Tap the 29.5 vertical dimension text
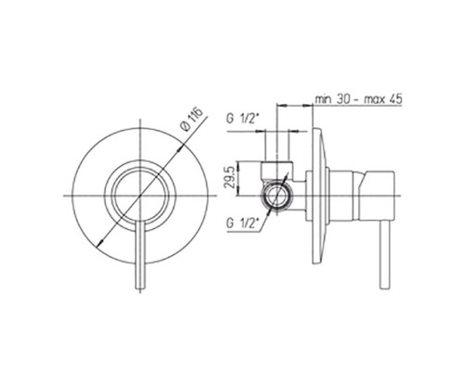pos(230,178)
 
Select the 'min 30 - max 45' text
pos(358,99)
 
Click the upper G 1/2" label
pos(242,119)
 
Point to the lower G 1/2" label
pos(242,224)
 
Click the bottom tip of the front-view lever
pos(141,288)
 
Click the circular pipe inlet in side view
pos(277,196)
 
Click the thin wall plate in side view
pos(318,196)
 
